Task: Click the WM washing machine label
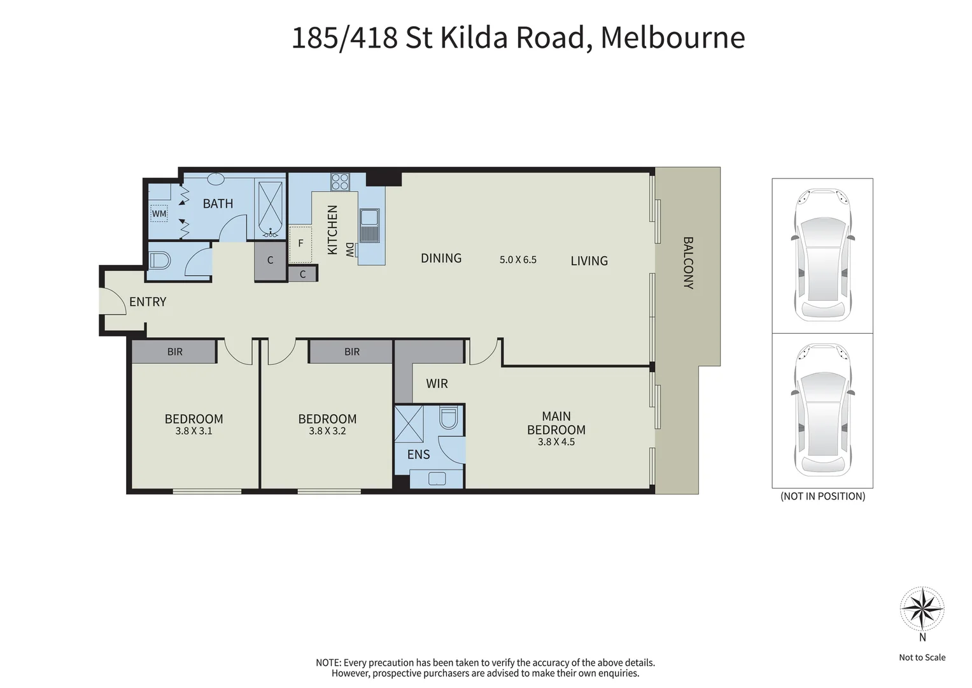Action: tap(159, 213)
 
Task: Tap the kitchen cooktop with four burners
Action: tap(340, 182)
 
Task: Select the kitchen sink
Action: tap(369, 226)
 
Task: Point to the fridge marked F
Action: tap(300, 244)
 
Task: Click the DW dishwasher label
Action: tap(349, 250)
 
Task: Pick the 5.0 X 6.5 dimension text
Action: tap(518, 260)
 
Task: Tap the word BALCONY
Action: tap(688, 262)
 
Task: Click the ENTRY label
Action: tap(148, 301)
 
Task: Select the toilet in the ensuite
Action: tap(448, 417)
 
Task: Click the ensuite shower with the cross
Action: tap(409, 424)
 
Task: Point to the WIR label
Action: tap(437, 383)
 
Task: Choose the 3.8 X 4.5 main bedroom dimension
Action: tap(556, 441)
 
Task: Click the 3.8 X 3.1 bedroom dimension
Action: tap(194, 431)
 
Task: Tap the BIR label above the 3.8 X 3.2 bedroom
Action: tap(352, 352)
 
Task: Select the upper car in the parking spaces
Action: tap(822, 255)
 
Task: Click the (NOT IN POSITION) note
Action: tap(822, 496)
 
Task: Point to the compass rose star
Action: tap(922, 608)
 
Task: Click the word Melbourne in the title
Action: tap(673, 38)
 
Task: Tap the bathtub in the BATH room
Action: tap(271, 210)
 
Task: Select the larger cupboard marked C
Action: tap(270, 261)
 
